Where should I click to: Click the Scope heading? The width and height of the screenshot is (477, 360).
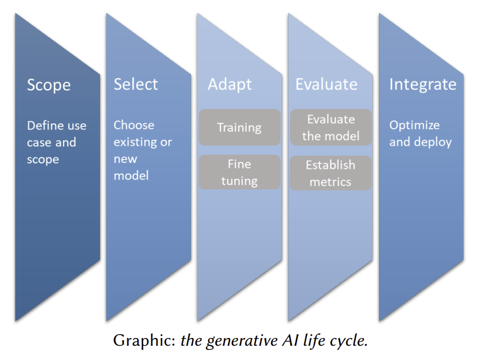tap(49, 85)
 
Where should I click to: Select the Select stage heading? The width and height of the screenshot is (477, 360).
tap(135, 84)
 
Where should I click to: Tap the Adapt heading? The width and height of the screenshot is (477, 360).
tap(229, 85)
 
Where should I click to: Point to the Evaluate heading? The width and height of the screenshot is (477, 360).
tap(326, 84)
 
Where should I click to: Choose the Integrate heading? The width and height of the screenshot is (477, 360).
tap(422, 84)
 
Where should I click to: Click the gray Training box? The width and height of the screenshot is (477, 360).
tap(239, 128)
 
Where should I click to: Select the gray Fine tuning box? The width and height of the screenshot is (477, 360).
tap(239, 172)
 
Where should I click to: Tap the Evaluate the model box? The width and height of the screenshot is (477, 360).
tap(330, 127)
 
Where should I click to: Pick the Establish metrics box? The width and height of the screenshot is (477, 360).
tap(330, 173)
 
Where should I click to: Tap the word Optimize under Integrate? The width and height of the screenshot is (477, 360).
tap(414, 125)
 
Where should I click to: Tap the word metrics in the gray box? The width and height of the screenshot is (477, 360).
tap(330, 182)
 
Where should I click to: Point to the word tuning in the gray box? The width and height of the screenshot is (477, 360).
tap(239, 181)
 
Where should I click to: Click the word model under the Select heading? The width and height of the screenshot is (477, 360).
tap(131, 176)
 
